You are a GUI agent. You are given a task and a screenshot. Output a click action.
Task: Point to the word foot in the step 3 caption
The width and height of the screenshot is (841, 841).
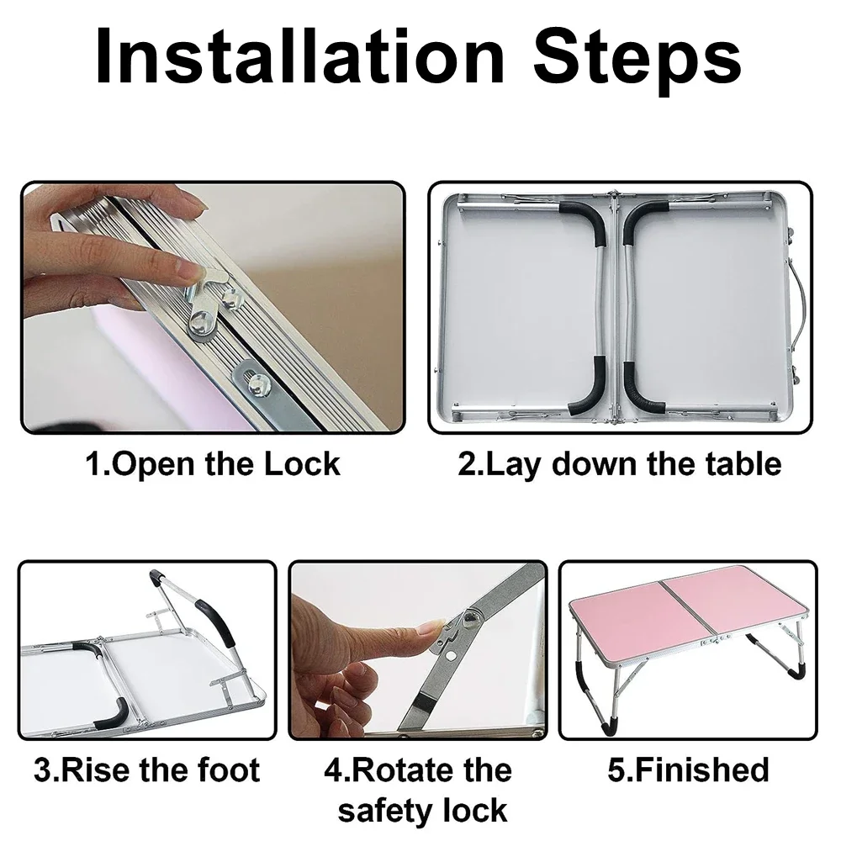pyautogui.click(x=229, y=770)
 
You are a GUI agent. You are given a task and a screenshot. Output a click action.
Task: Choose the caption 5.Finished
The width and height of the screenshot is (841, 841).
pyautogui.click(x=688, y=770)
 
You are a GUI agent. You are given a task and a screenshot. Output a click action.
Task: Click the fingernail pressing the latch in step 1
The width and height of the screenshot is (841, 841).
pyautogui.click(x=188, y=272)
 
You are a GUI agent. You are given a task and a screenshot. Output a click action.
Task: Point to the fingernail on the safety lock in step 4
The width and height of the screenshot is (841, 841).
pyautogui.click(x=433, y=626)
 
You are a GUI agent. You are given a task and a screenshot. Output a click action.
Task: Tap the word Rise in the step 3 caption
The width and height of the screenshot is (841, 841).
pyautogui.click(x=97, y=770)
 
